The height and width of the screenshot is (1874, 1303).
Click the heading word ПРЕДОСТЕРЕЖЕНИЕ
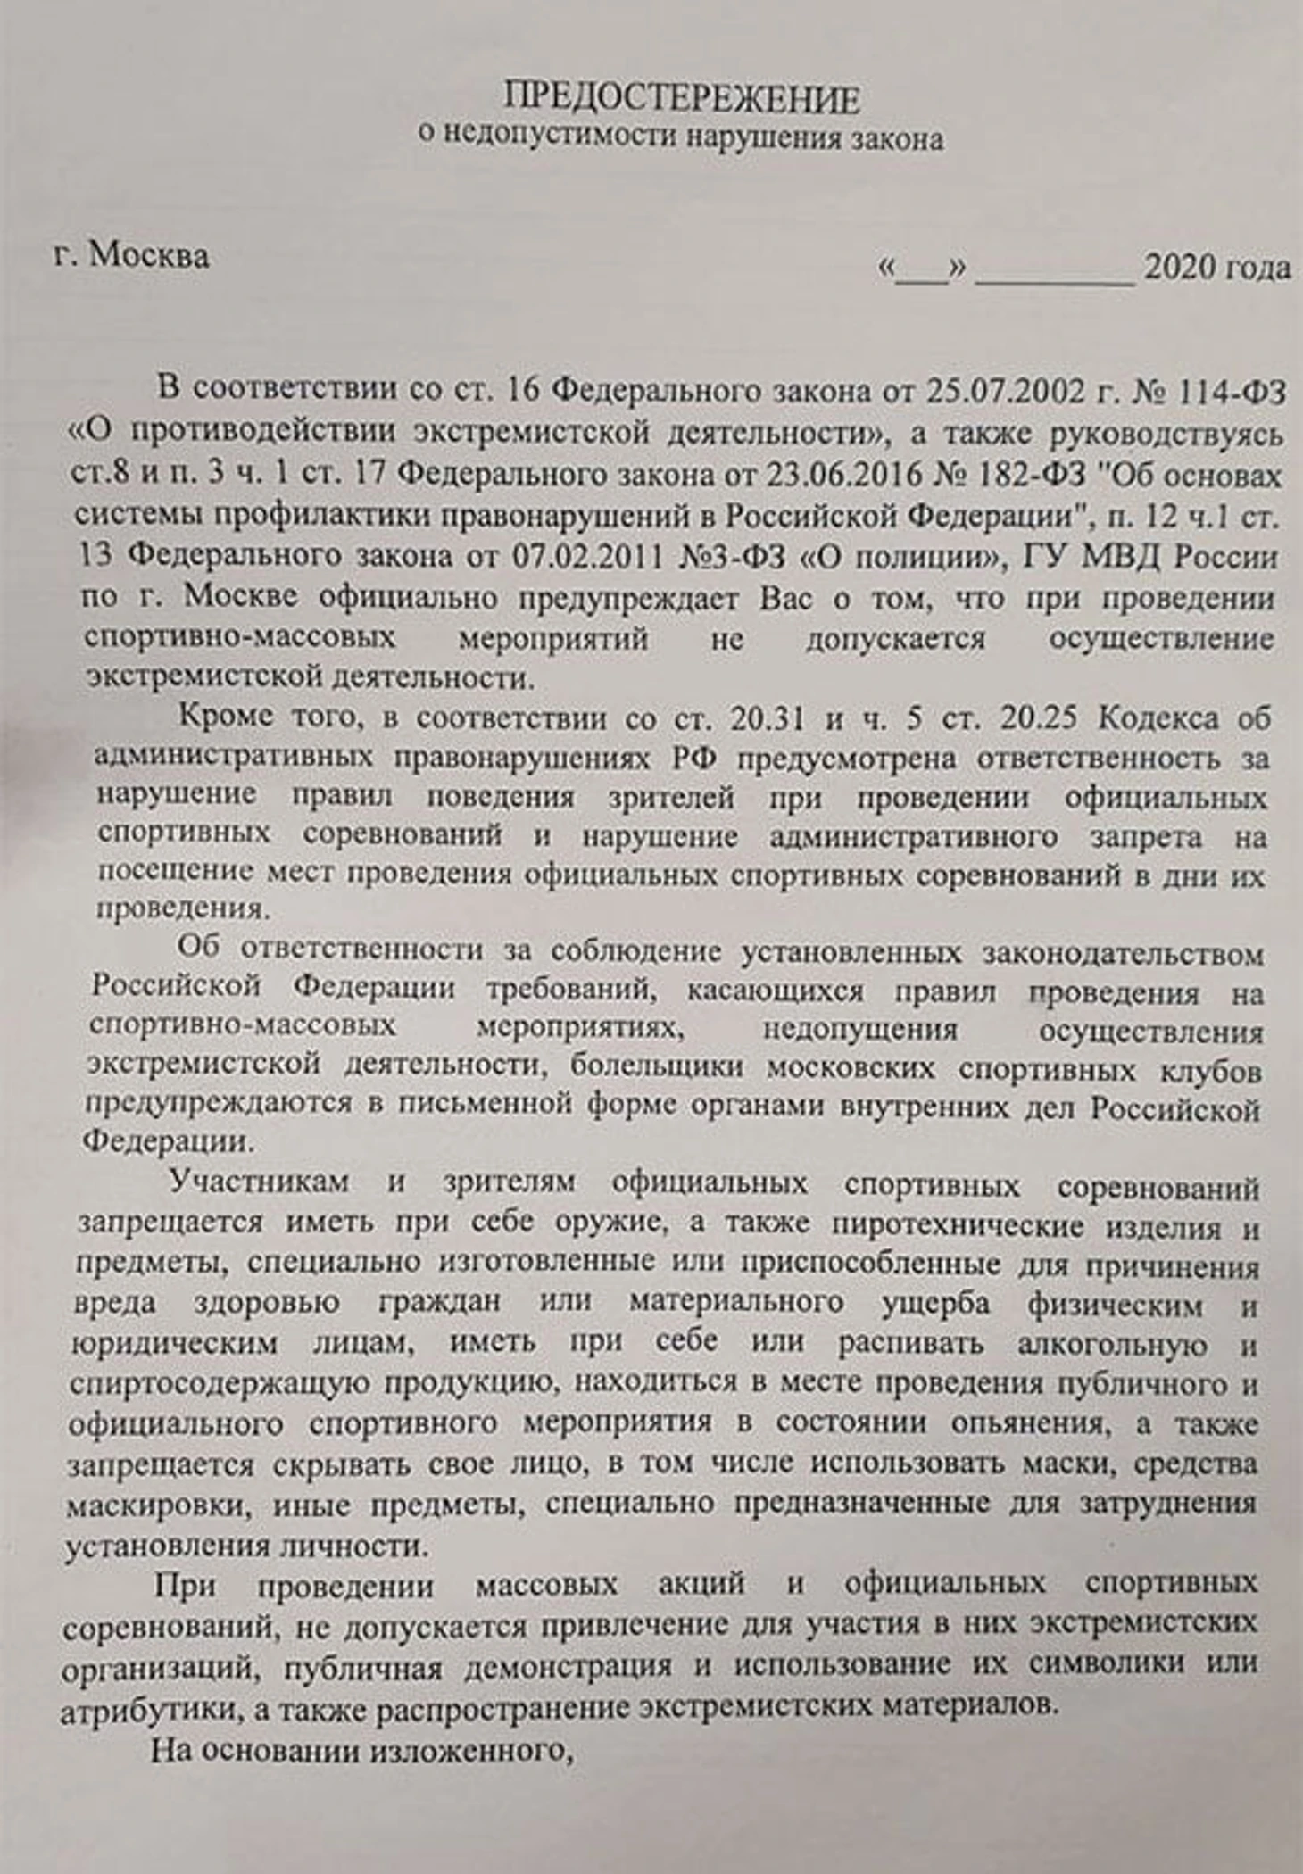(x=682, y=98)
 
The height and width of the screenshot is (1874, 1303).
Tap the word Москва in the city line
(x=150, y=256)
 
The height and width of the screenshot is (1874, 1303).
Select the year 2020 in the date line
(x=1179, y=267)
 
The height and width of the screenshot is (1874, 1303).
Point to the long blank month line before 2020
(x=1055, y=272)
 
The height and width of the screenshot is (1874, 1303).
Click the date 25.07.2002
(x=1008, y=391)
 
